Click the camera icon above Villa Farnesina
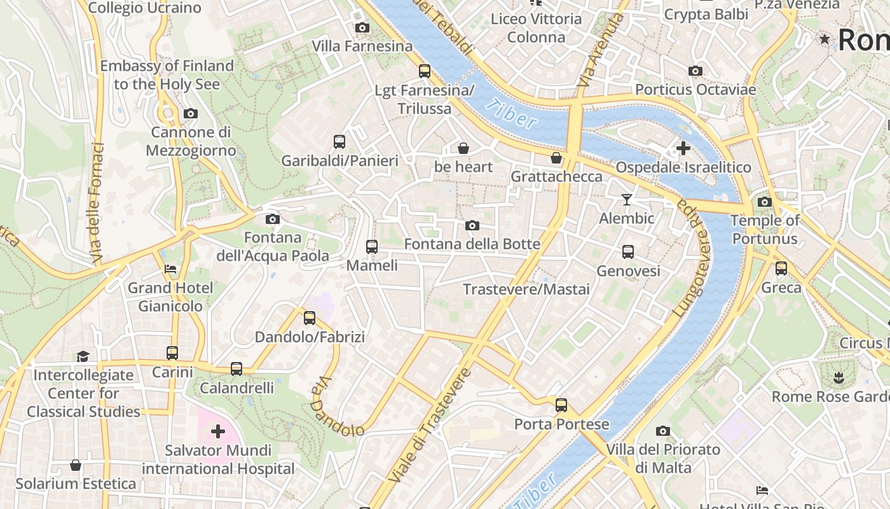362,27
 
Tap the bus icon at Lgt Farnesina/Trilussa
425,71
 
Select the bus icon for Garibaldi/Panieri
339,141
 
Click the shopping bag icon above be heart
464,148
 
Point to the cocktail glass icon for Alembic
627,200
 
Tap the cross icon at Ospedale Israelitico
683,148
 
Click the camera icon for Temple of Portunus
765,202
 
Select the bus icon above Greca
781,268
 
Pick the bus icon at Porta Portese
561,405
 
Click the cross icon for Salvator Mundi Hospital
218,432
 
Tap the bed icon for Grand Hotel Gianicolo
170,269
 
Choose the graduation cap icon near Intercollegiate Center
83,356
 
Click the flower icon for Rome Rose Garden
839,377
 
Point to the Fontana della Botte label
472,244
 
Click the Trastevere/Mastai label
526,289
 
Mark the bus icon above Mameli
372,246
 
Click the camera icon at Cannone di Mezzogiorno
190,114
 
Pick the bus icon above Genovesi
628,252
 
